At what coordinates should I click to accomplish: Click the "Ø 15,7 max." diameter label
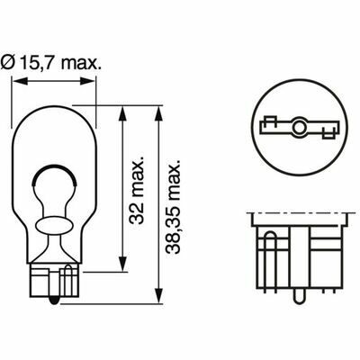[x=51, y=62]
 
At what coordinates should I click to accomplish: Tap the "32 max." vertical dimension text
[x=137, y=190]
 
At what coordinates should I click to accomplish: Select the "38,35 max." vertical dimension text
[x=174, y=207]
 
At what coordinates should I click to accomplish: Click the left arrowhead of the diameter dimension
[x=20, y=81]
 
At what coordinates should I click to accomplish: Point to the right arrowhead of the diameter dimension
[x=87, y=81]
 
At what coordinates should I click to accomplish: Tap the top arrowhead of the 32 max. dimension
[x=122, y=114]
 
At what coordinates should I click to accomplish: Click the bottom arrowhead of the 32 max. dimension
[x=122, y=265]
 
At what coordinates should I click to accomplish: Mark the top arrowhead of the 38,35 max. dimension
[x=158, y=114]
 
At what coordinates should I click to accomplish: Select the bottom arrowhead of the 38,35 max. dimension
[x=158, y=296]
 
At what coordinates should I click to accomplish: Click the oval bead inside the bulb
[x=54, y=225]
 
